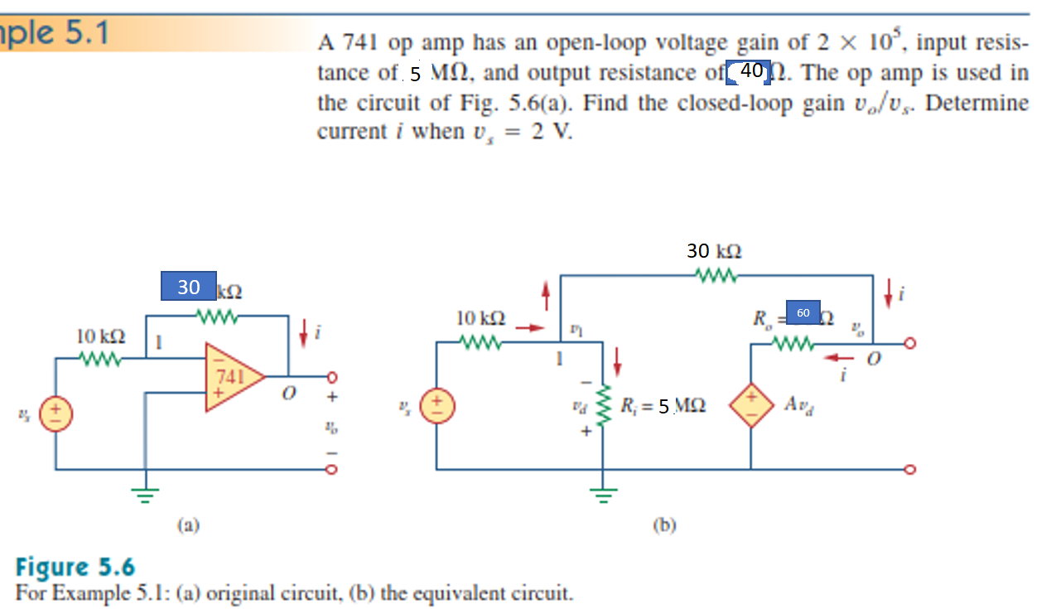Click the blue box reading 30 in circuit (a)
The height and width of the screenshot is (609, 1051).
189,287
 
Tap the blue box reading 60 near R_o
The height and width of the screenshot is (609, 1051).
803,312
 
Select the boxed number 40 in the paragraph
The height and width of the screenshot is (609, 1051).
750,72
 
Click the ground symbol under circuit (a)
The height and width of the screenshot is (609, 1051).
146,497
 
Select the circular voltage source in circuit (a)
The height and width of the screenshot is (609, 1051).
57,409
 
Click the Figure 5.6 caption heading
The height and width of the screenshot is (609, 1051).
75,568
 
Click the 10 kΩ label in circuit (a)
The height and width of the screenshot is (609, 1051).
101,337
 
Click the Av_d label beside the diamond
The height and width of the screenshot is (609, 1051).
801,405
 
